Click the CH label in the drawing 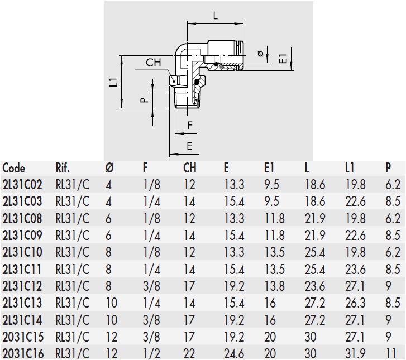tap(154, 63)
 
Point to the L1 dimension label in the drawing tap(113, 82)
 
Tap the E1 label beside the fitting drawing tap(283, 57)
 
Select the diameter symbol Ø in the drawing tap(260, 54)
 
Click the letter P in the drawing tap(144, 100)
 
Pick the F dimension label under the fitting tap(190, 125)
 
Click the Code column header tap(14, 168)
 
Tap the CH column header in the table tap(190, 168)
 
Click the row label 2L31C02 tap(22, 185)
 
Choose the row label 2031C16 tap(22, 353)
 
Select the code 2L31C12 tap(22, 286)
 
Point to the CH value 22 tap(189, 353)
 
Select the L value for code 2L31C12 tap(314, 286)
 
